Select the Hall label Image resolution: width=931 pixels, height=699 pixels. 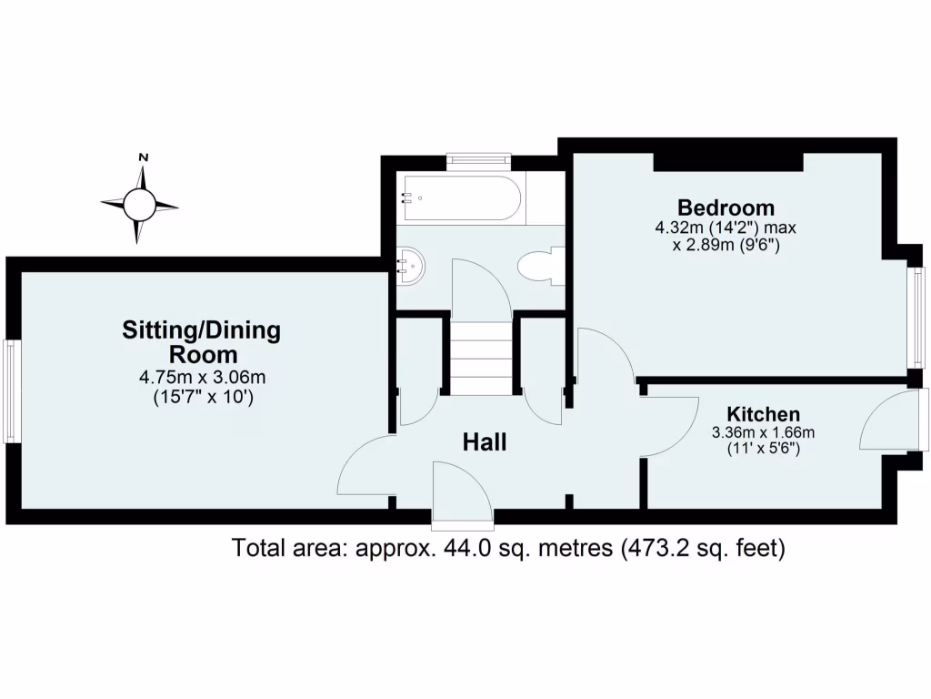click(485, 443)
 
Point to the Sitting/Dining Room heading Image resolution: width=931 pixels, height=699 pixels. click(201, 341)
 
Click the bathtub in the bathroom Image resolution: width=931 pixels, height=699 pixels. click(463, 198)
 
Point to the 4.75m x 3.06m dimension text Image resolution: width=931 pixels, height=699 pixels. click(201, 377)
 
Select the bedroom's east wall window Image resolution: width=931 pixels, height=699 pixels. click(918, 315)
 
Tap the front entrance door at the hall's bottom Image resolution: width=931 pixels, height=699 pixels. click(462, 496)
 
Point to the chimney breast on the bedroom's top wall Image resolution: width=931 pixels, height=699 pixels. click(728, 161)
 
